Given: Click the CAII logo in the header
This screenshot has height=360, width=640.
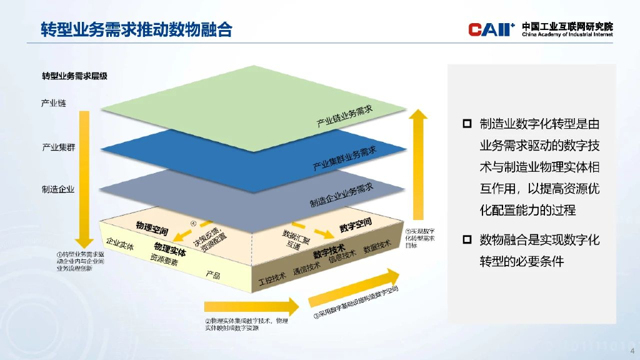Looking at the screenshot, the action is coord(491,29).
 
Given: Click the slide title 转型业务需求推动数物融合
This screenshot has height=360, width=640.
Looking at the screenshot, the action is coord(136,29).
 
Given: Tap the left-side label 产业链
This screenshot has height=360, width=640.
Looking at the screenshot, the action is coord(54,103).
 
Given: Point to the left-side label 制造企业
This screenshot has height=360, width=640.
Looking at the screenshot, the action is coord(58,189).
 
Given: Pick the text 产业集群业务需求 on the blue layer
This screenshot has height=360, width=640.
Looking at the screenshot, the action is coord(344,158).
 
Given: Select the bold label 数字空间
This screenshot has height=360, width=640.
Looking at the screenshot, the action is coord(355,224).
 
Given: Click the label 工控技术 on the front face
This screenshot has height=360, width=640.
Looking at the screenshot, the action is coord(272,277).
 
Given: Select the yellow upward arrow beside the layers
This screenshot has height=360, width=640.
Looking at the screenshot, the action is coord(419,162).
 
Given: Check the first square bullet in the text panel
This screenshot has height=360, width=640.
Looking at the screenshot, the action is coord(466,124).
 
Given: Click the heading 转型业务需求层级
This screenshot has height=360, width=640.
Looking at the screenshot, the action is coord(74,76).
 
